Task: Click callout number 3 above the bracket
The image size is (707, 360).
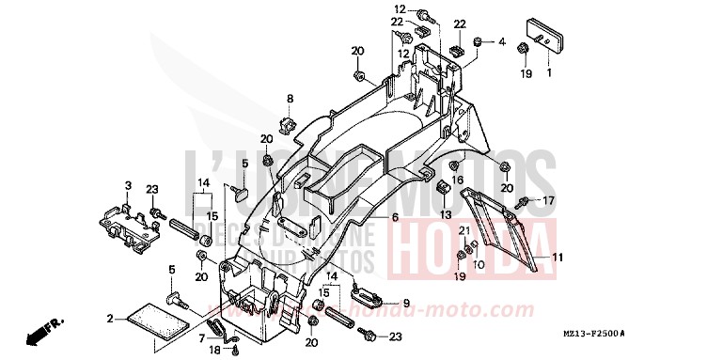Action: pyautogui.click(x=128, y=183)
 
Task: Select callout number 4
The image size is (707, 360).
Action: pyautogui.click(x=501, y=42)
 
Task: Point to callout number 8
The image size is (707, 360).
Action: pyautogui.click(x=290, y=99)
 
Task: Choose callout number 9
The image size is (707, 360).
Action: pyautogui.click(x=406, y=303)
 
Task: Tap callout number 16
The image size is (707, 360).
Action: pyautogui.click(x=456, y=179)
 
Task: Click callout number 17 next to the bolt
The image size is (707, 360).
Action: pyautogui.click(x=548, y=200)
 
